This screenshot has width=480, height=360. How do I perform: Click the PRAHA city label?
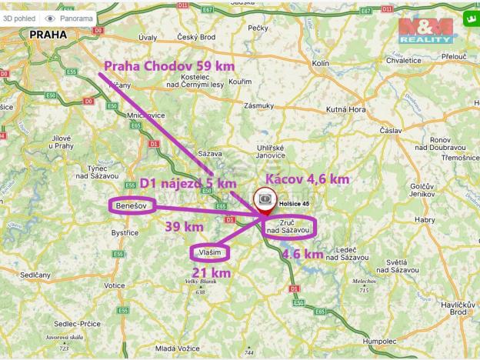coord(48,35)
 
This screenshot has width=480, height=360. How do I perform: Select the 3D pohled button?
coord(18,17)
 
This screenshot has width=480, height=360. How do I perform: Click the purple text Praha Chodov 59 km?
coord(169,66)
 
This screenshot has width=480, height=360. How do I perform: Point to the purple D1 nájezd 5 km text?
coord(188,183)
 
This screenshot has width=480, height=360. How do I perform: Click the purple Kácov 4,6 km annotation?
coord(307,178)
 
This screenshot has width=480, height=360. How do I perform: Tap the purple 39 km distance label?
coord(185,227)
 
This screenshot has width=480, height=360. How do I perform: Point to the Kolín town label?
coord(321,63)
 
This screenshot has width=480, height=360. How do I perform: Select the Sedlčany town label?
coord(37,275)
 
